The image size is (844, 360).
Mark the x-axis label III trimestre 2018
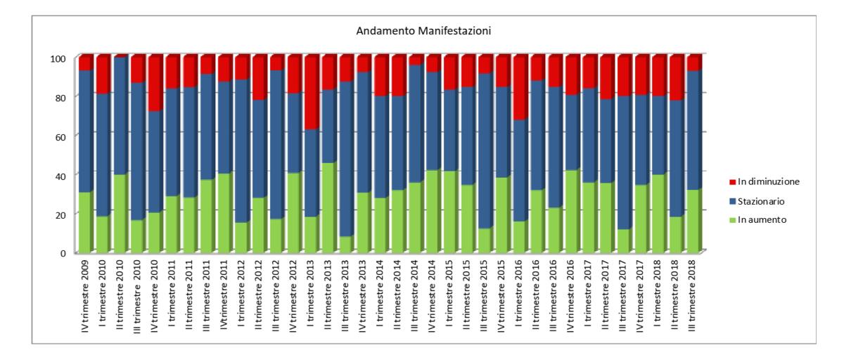click(693, 296)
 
